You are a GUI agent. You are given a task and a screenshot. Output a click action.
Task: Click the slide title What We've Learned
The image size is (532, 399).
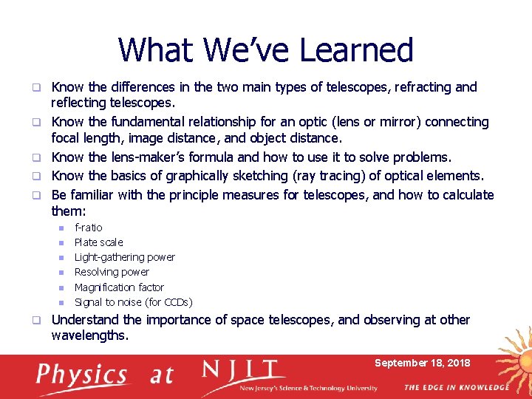[265, 50]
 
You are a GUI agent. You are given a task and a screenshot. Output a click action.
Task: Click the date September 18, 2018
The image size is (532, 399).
[422, 363]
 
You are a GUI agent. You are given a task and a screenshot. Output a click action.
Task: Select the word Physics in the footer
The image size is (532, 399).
[82, 375]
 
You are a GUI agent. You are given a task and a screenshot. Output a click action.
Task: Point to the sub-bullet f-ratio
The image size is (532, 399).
[89, 228]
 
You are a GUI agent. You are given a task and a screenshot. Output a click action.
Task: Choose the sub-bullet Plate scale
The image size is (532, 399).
[98, 242]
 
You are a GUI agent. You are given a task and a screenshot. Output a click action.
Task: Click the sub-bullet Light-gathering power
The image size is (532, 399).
[124, 257]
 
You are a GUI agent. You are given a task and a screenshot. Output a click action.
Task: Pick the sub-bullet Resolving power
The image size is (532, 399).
[112, 272]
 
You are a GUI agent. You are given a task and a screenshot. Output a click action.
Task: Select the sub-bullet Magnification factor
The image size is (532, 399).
[119, 287]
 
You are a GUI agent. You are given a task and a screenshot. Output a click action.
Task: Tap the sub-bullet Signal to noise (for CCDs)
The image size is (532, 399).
[133, 302]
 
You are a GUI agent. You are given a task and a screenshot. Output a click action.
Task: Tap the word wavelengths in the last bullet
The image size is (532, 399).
[89, 335]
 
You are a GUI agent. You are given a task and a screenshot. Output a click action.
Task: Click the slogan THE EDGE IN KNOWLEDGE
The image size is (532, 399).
[456, 387]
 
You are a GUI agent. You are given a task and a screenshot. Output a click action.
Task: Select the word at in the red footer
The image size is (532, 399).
[161, 375]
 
